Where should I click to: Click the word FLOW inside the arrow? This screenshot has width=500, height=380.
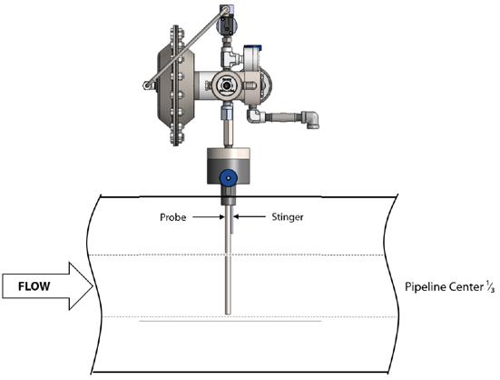click(x=34, y=286)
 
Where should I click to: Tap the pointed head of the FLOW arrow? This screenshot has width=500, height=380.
click(x=93, y=286)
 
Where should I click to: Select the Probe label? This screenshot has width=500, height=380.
click(x=172, y=217)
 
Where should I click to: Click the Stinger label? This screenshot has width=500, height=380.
click(x=288, y=217)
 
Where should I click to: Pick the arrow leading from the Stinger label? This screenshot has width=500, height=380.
click(x=249, y=217)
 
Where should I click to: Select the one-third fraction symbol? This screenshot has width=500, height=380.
click(x=490, y=287)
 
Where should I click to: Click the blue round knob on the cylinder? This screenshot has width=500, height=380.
click(x=228, y=177)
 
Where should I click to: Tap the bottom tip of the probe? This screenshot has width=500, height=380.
click(x=228, y=314)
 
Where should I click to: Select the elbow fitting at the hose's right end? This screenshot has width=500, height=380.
click(x=310, y=119)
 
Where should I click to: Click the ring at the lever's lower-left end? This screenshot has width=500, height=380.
click(x=147, y=85)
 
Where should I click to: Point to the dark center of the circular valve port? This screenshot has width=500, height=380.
click(x=226, y=85)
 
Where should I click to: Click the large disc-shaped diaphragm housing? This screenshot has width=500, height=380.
click(x=176, y=85)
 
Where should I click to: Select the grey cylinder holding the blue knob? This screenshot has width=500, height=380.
click(x=228, y=165)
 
